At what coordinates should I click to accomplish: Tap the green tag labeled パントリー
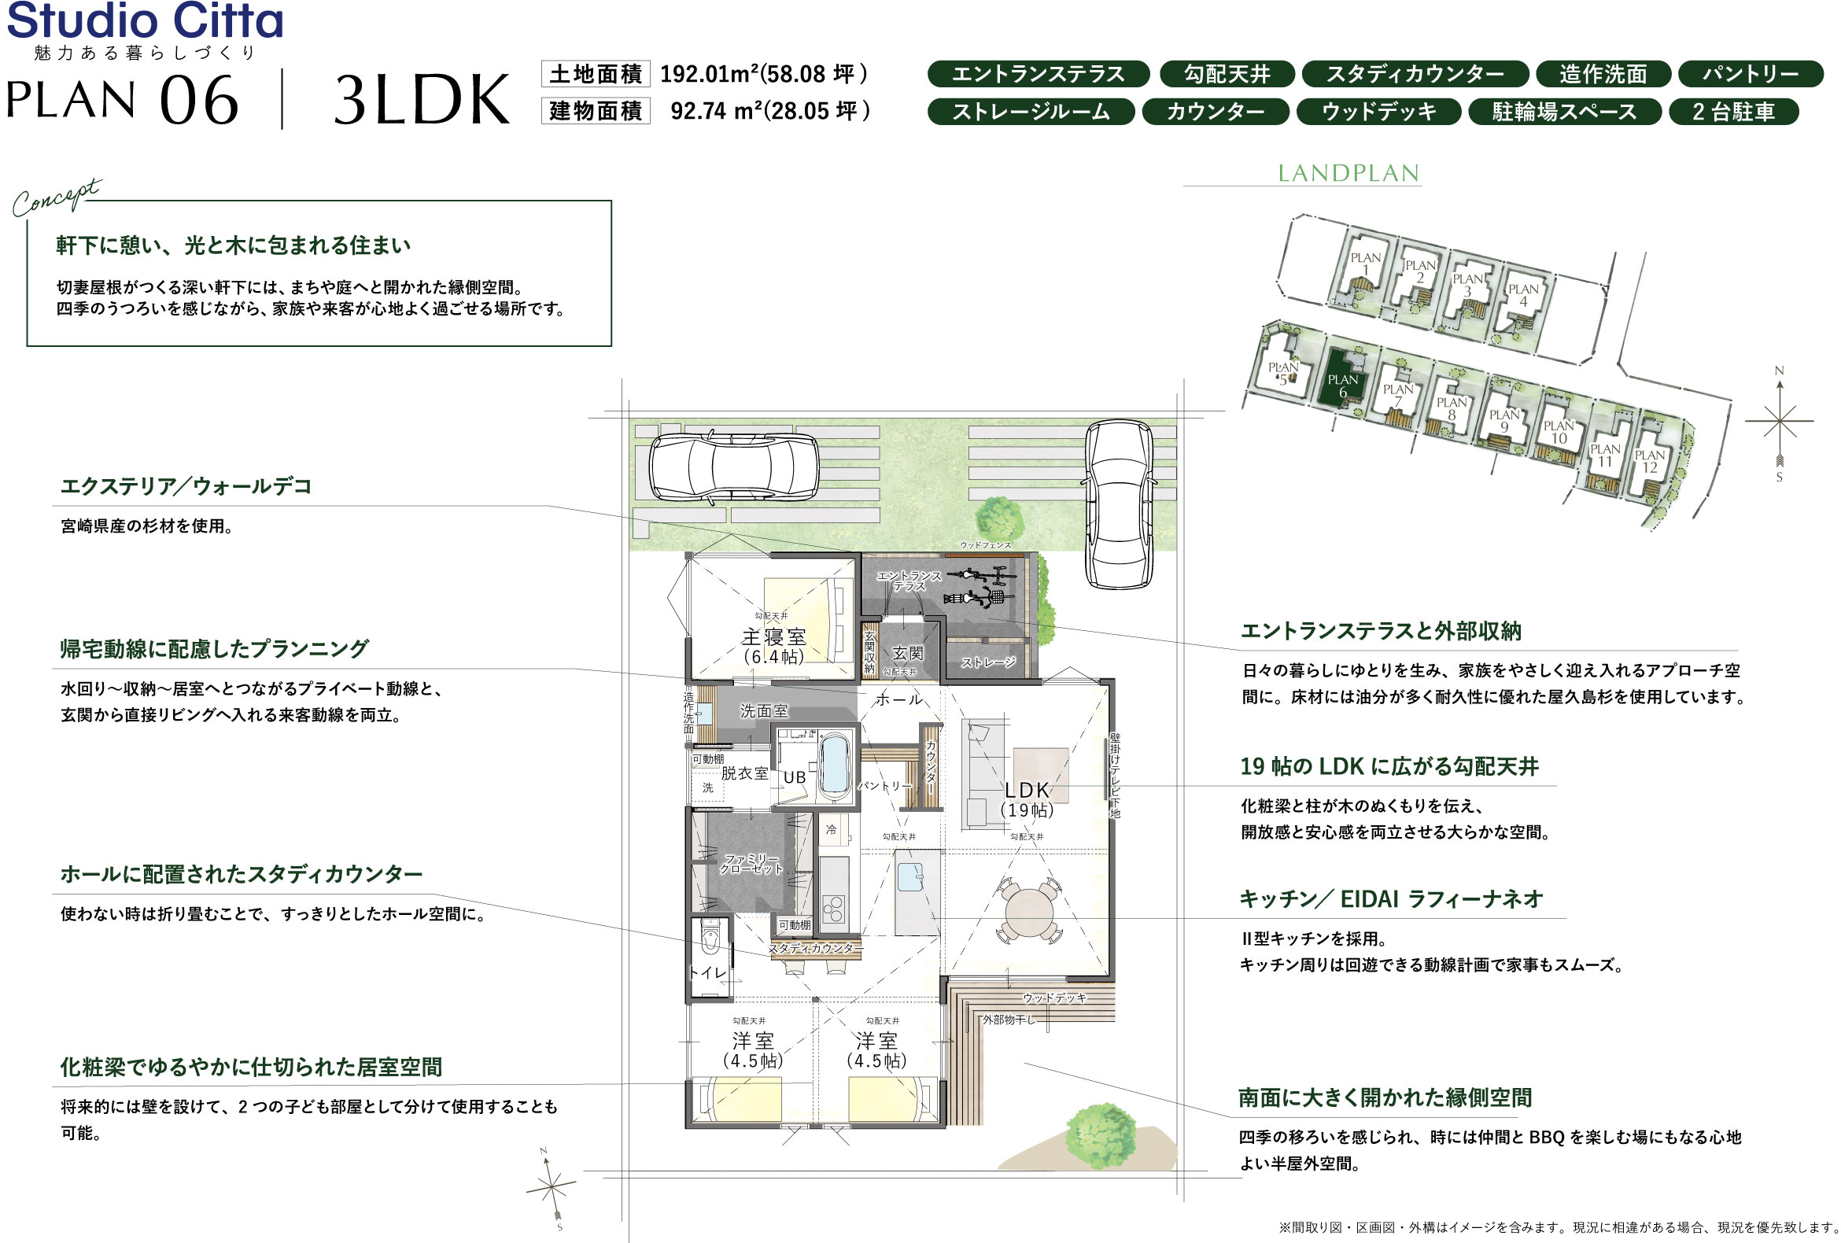pos(1750,75)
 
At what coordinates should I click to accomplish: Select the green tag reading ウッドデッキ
pos(1378,112)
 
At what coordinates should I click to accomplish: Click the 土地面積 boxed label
pos(595,75)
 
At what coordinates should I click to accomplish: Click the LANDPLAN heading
pos(1348,174)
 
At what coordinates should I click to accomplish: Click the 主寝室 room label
pos(773,637)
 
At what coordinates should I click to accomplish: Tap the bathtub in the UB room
pos(834,765)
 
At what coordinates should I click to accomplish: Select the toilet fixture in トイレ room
pos(710,939)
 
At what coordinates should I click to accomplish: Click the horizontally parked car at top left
pos(733,467)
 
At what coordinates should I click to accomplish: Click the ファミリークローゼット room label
pos(751,864)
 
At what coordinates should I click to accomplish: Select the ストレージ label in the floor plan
pos(988,662)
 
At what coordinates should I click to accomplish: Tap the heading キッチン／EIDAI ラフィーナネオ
pos(1390,899)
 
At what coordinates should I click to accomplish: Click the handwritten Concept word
pos(55,198)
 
